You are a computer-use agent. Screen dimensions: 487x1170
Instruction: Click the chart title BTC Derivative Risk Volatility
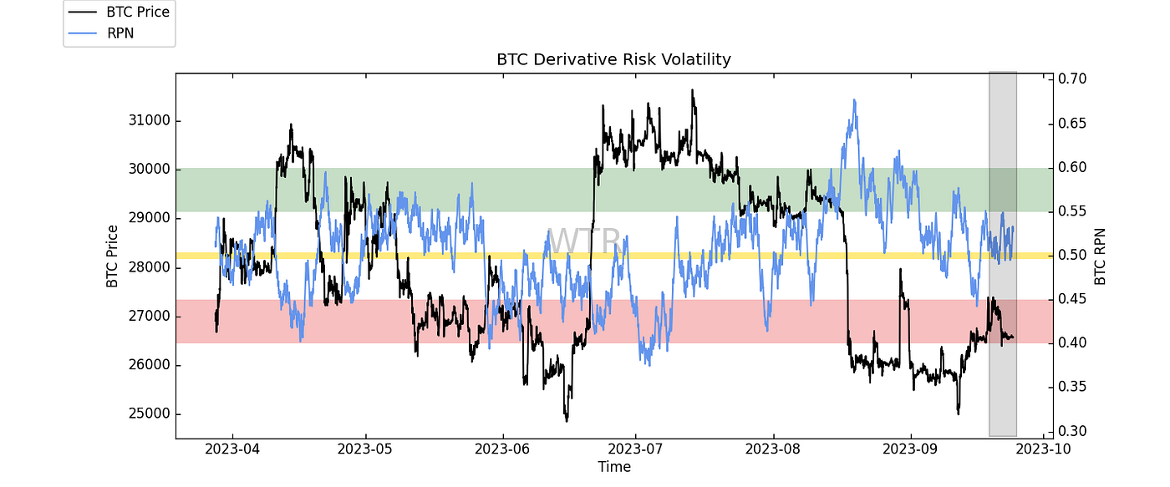(613, 59)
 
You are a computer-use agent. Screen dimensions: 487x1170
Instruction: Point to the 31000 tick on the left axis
(146, 120)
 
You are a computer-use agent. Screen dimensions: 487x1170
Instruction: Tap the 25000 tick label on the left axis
(146, 414)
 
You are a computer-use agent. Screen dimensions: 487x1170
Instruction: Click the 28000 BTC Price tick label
(146, 267)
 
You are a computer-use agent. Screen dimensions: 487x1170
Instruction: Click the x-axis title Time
(613, 467)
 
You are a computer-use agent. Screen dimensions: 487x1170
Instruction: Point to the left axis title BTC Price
(112, 256)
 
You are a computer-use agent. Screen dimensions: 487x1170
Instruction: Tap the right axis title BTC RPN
(1100, 256)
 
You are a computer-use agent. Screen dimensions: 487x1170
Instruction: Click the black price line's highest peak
(692, 89)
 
